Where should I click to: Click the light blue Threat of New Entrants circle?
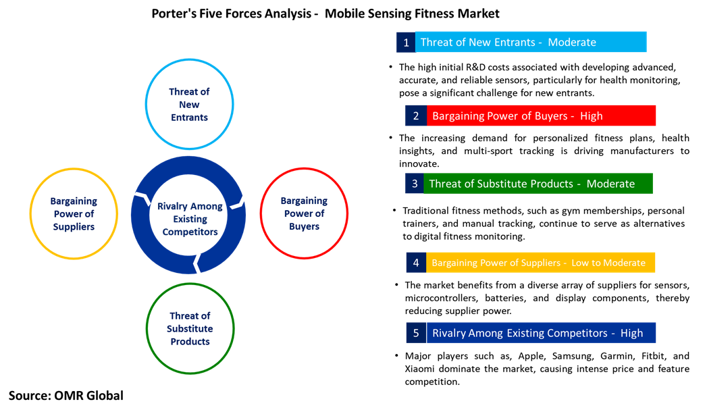(189, 104)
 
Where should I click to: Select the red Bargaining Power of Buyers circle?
(304, 213)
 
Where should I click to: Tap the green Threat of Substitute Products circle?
(190, 328)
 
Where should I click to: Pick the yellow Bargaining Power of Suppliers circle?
(74, 213)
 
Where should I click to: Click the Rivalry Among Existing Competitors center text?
(189, 219)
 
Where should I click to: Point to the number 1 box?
(406, 42)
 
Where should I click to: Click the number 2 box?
(416, 115)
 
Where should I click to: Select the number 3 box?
(414, 184)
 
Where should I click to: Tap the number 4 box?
(416, 263)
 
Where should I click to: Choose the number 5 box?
(416, 333)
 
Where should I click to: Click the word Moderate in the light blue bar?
(572, 42)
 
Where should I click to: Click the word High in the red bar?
(591, 115)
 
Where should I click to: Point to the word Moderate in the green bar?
(610, 184)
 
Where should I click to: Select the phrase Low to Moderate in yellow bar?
(608, 263)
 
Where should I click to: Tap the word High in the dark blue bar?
(631, 333)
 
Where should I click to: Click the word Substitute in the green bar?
(513, 184)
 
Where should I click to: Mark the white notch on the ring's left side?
(142, 198)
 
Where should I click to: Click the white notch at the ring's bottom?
(197, 263)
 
